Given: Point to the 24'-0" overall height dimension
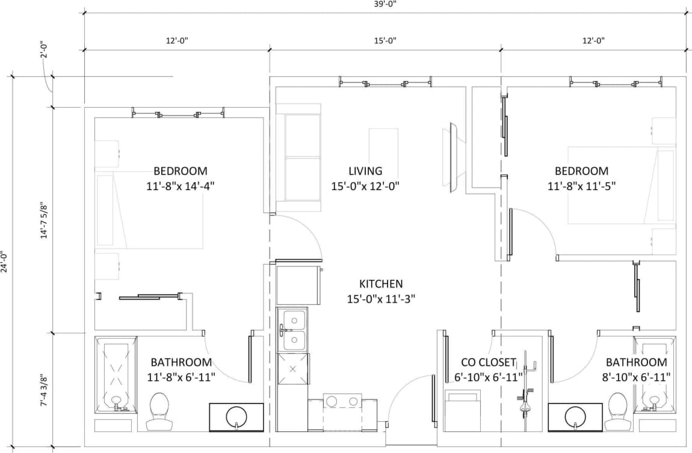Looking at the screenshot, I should pyautogui.click(x=5, y=262).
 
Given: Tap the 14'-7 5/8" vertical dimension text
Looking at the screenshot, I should pyautogui.click(x=43, y=220).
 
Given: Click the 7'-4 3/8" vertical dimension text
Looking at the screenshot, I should pyautogui.click(x=43, y=390).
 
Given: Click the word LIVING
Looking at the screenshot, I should pyautogui.click(x=365, y=171).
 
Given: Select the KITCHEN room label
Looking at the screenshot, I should pyautogui.click(x=381, y=284).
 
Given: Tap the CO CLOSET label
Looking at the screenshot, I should pyautogui.click(x=488, y=362).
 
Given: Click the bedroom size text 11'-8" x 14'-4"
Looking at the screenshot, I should pyautogui.click(x=181, y=186).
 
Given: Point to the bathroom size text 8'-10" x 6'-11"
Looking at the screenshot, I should pyautogui.click(x=636, y=377).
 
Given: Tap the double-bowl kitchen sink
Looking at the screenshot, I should pyautogui.click(x=293, y=330).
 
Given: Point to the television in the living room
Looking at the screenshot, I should pyautogui.click(x=453, y=156).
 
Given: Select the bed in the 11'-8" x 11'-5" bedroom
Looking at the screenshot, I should pyautogui.click(x=621, y=186).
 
